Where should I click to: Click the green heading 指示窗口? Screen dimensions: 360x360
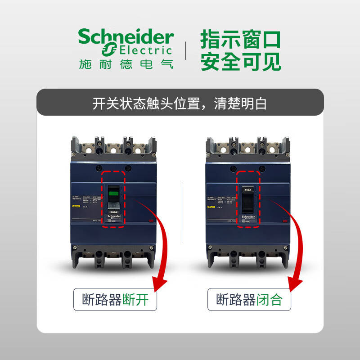coord(240,40)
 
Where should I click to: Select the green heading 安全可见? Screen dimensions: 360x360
coord(240,62)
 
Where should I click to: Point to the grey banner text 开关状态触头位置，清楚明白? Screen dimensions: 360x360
coord(180,103)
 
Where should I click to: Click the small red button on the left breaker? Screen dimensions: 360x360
coord(150,220)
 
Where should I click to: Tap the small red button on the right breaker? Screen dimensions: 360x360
coord(284,220)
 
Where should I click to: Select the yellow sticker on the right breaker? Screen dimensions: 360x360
coord(210,206)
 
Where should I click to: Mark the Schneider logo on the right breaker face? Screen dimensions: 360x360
coord(247,217)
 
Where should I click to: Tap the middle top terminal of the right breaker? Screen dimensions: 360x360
coord(247,148)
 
